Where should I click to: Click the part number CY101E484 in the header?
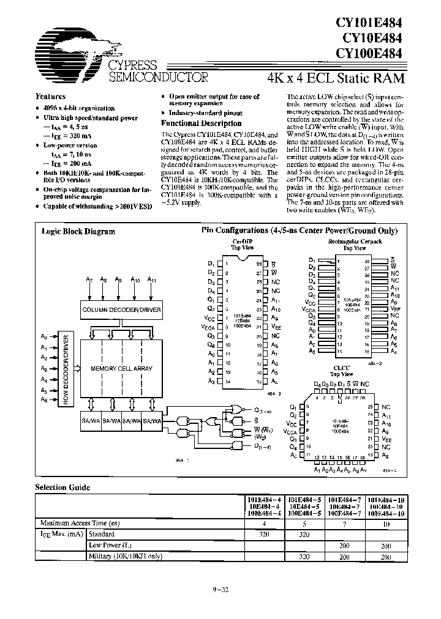[x=369, y=23]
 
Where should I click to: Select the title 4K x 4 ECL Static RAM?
[x=336, y=78]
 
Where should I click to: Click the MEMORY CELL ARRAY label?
[x=121, y=369]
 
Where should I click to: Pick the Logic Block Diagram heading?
[x=78, y=231]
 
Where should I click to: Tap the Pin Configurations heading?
[x=300, y=231]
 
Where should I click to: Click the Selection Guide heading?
[x=62, y=487]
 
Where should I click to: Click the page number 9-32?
[x=220, y=590]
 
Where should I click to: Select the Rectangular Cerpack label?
[x=345, y=242]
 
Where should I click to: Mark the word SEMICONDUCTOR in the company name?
[x=158, y=77]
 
